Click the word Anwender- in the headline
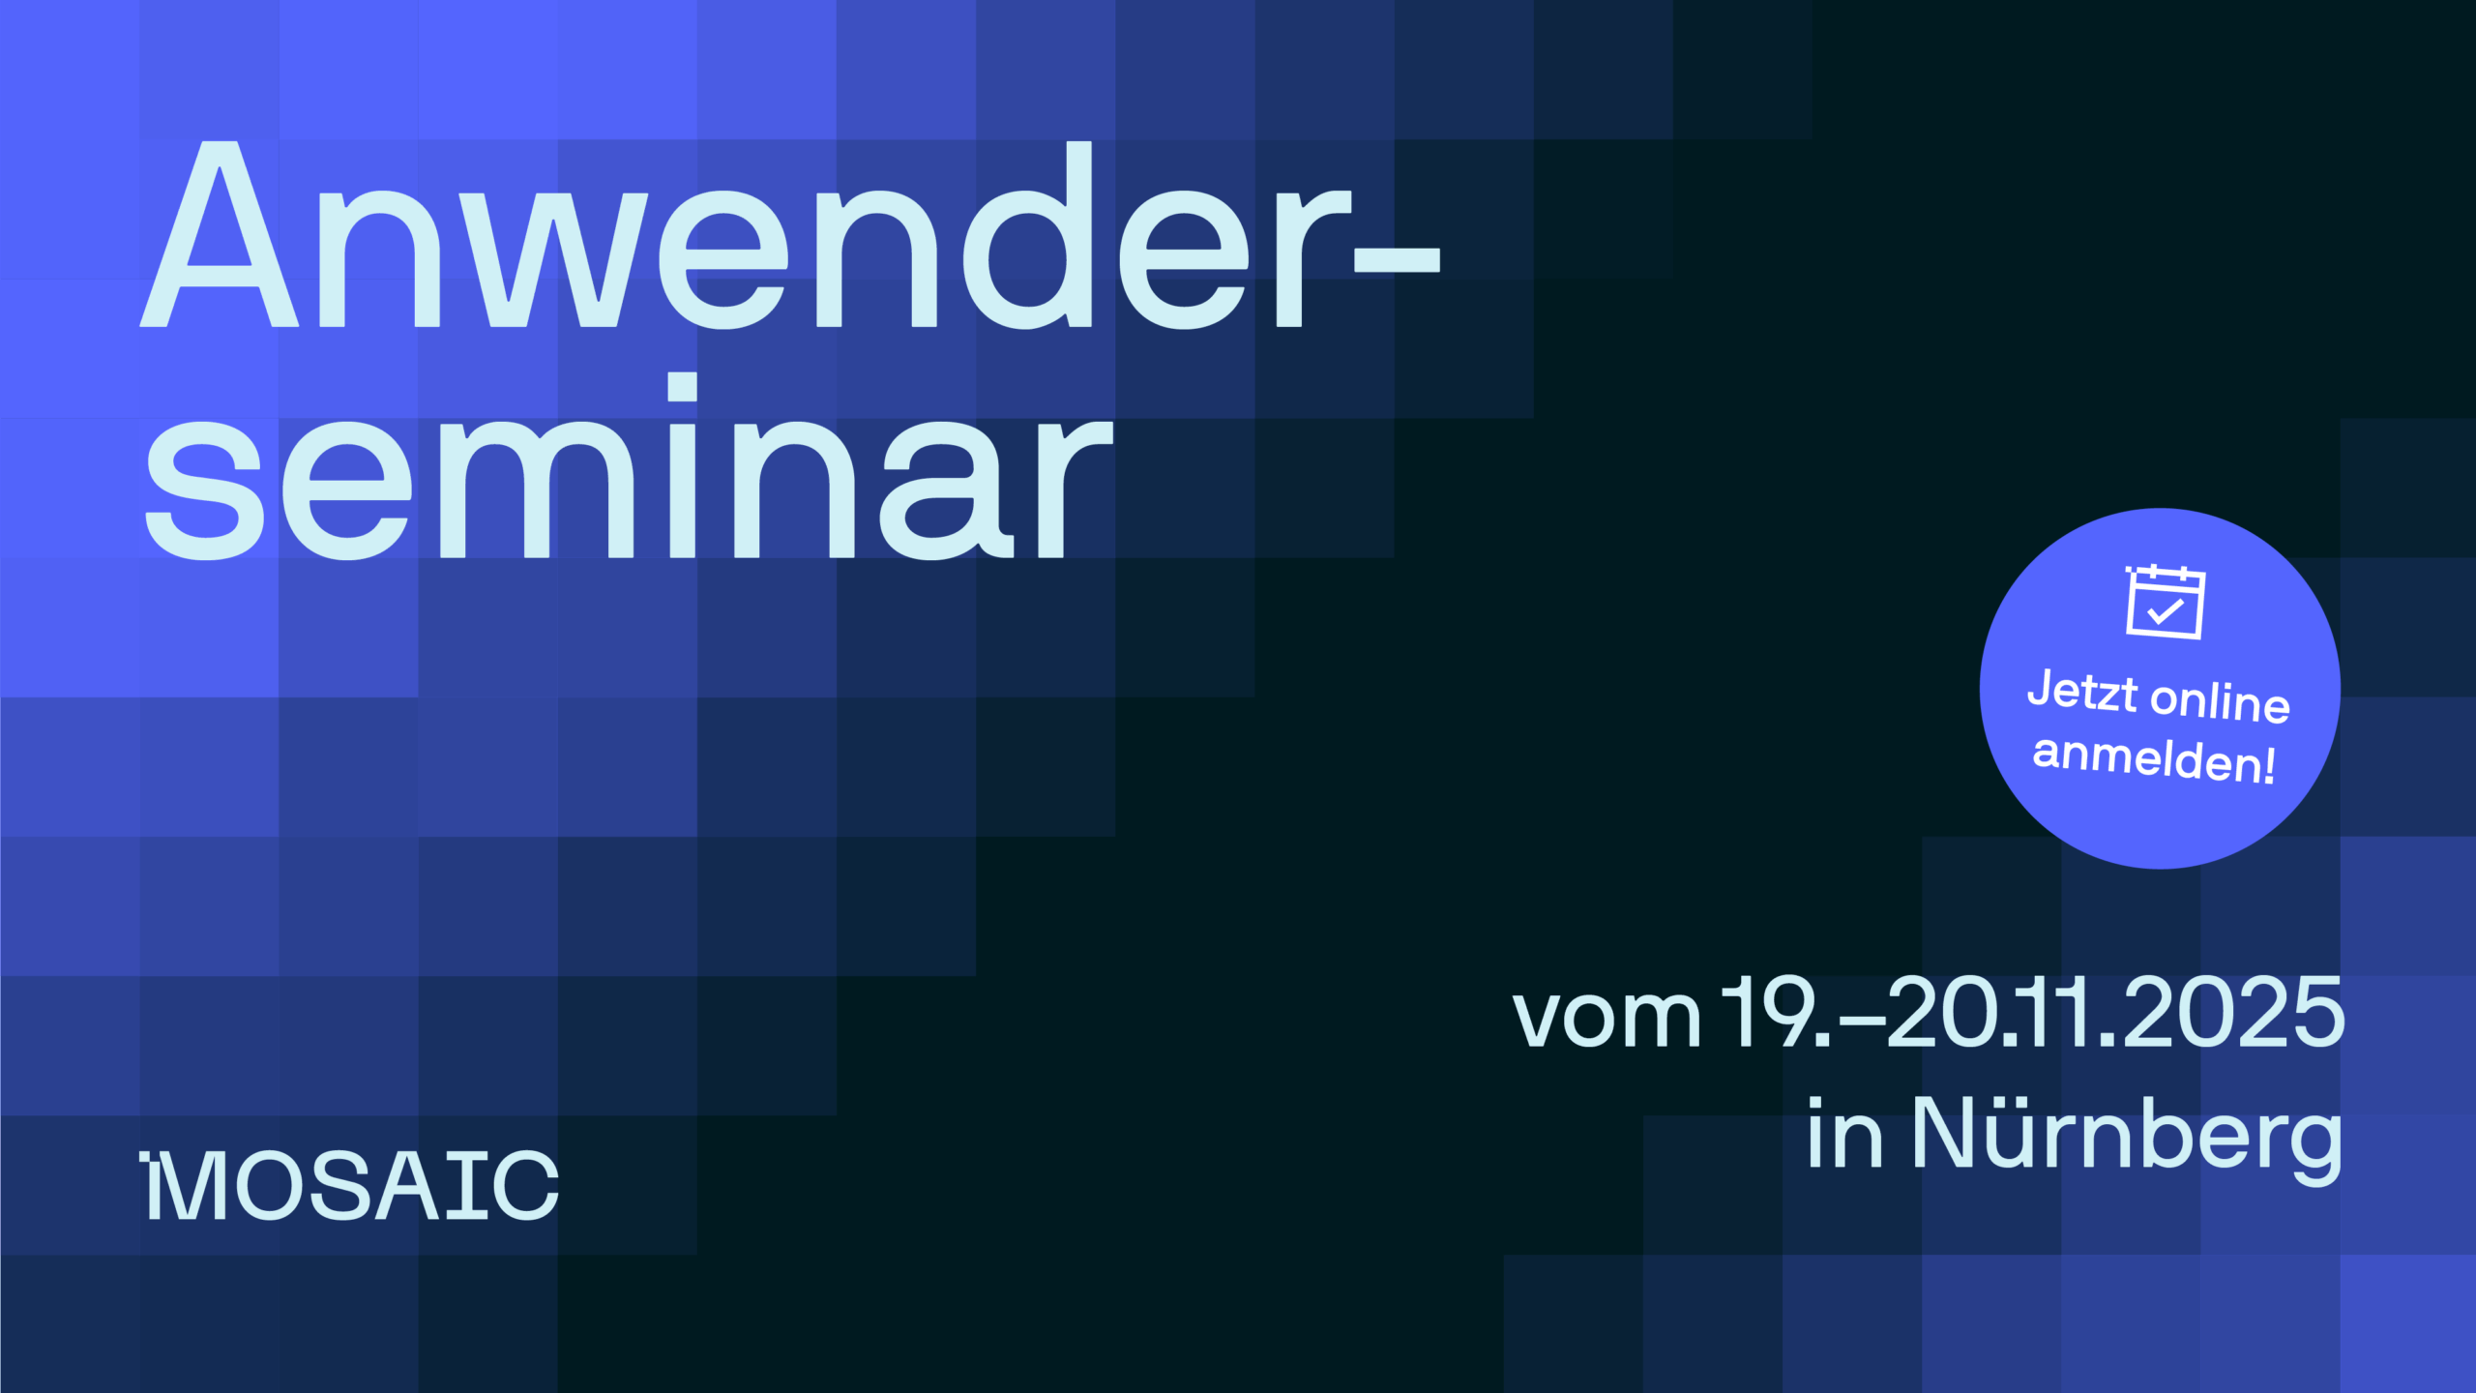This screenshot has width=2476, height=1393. (x=790, y=235)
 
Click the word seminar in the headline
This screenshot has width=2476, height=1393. (x=629, y=466)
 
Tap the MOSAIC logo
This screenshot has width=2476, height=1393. (x=349, y=1185)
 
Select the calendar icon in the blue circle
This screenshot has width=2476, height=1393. (x=2165, y=602)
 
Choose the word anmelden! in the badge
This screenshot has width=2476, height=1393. (x=2154, y=757)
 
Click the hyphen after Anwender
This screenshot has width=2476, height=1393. (x=1397, y=259)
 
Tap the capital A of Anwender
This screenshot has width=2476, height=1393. (x=220, y=234)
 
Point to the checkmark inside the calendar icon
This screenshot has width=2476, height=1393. (x=2166, y=610)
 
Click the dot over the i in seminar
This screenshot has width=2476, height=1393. (x=683, y=386)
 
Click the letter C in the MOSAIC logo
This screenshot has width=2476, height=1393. (x=525, y=1186)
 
